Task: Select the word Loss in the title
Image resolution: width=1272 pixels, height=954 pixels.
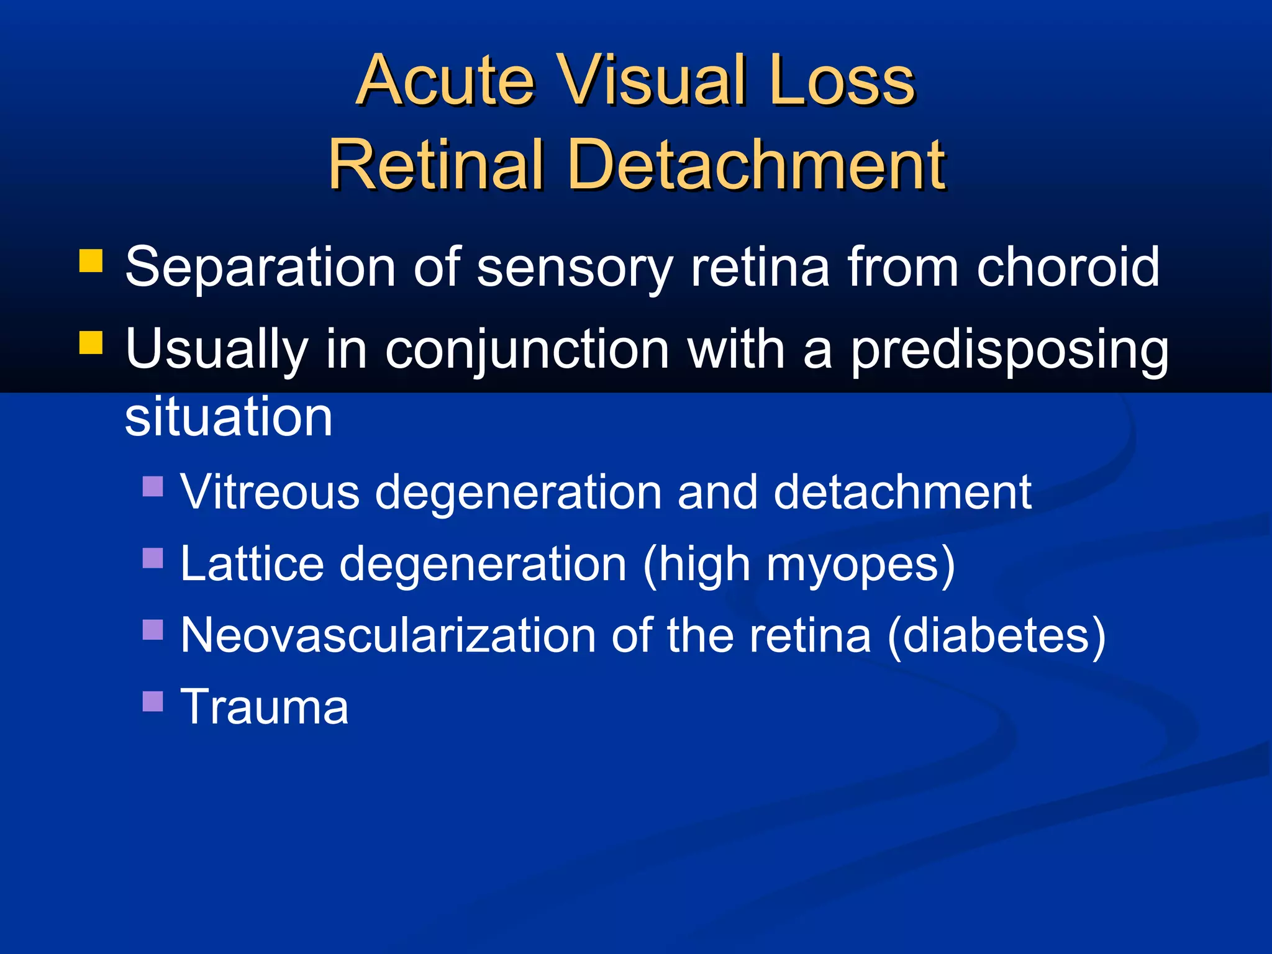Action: click(841, 81)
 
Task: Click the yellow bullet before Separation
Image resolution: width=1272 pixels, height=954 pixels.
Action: click(91, 261)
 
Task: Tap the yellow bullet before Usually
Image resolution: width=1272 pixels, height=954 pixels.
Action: click(91, 342)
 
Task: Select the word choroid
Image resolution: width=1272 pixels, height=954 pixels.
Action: click(1068, 267)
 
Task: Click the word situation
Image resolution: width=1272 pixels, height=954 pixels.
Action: click(229, 416)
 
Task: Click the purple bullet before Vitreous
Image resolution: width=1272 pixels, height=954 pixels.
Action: click(153, 486)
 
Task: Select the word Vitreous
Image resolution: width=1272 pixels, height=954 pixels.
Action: click(270, 492)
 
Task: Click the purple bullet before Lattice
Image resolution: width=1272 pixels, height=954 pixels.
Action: click(153, 558)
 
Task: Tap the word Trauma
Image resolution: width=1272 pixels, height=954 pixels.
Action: click(265, 707)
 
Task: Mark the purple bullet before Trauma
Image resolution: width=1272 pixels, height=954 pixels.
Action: click(153, 701)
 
